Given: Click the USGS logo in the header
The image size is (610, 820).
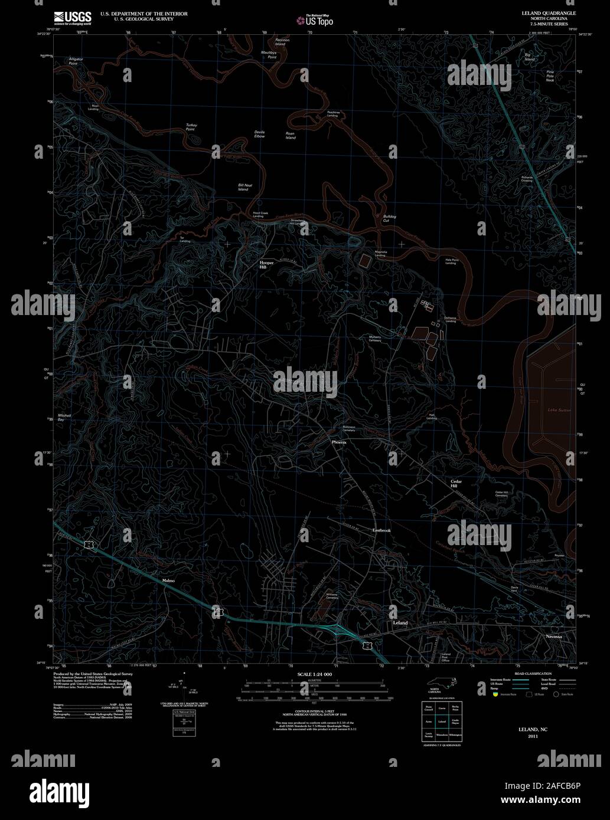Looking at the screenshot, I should tap(72, 17).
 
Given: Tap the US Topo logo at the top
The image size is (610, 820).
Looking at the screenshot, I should tap(315, 21).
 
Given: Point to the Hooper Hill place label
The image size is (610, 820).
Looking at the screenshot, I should tap(268, 264).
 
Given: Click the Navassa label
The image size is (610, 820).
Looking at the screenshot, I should tap(553, 637).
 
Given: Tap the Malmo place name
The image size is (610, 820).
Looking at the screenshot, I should tap(168, 580).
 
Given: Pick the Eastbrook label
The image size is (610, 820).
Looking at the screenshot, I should tap(381, 530).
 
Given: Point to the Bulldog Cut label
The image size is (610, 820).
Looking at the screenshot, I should tap(390, 218).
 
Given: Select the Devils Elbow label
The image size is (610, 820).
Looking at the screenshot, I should tap(260, 134).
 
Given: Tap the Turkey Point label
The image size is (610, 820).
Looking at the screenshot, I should tap(191, 127).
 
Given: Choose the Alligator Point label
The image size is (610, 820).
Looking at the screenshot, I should tap(76, 61).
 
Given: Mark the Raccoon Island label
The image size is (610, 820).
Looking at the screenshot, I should tap(280, 42).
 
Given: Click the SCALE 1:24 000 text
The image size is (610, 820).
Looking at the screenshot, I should tap(315, 674).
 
